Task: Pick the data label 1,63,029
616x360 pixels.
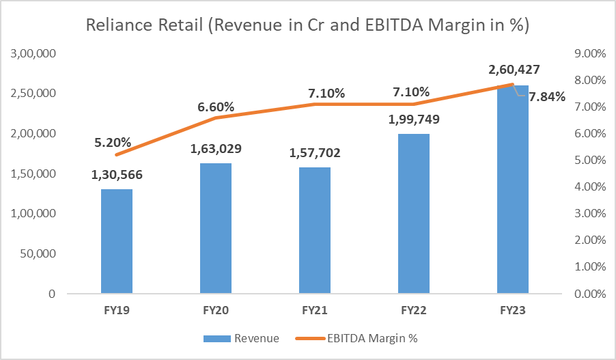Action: (x=216, y=148)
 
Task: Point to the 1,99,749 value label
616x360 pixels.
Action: (x=414, y=120)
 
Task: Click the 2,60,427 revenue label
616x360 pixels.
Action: (x=513, y=69)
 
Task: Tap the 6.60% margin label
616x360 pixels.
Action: (x=216, y=107)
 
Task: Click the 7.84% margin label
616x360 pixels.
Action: (x=546, y=97)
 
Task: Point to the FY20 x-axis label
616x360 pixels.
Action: (x=216, y=310)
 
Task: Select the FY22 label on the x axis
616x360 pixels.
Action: (x=414, y=310)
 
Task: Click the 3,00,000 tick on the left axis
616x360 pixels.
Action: (x=33, y=53)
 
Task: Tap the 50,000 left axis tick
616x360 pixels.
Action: (x=39, y=254)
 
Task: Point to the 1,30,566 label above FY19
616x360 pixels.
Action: (x=116, y=175)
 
